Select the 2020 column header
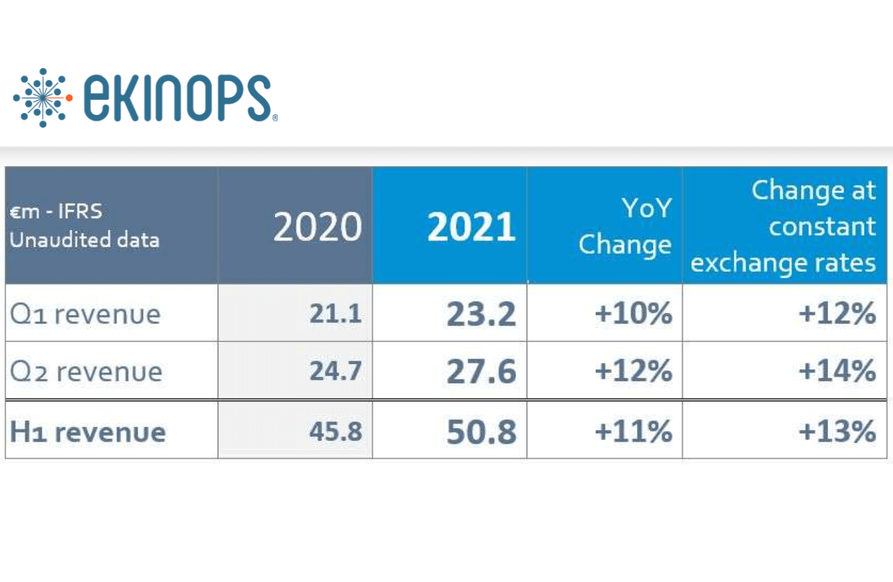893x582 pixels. point(318,228)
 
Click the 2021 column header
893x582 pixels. point(471,228)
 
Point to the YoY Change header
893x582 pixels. point(625,228)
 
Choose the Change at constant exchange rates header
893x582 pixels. point(784,227)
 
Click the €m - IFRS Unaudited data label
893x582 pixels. point(84,226)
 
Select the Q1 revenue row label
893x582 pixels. point(85,314)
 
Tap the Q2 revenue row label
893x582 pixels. point(85,372)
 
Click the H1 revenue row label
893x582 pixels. point(87,433)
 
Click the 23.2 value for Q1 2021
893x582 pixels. point(481,314)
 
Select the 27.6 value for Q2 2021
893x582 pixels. point(481,372)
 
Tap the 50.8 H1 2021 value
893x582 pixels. point(481,433)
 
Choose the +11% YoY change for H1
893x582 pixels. point(633,433)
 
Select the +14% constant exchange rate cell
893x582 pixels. point(837,372)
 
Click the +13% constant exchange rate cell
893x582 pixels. point(837,433)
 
